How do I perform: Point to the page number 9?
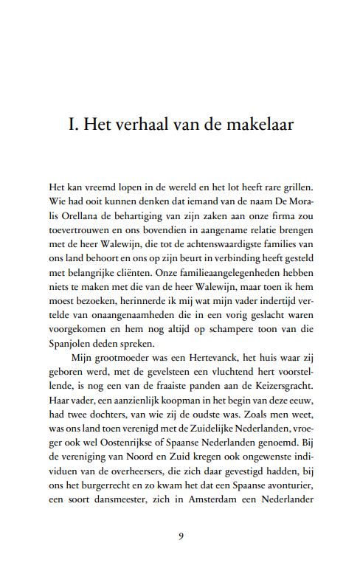coord(180,535)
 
